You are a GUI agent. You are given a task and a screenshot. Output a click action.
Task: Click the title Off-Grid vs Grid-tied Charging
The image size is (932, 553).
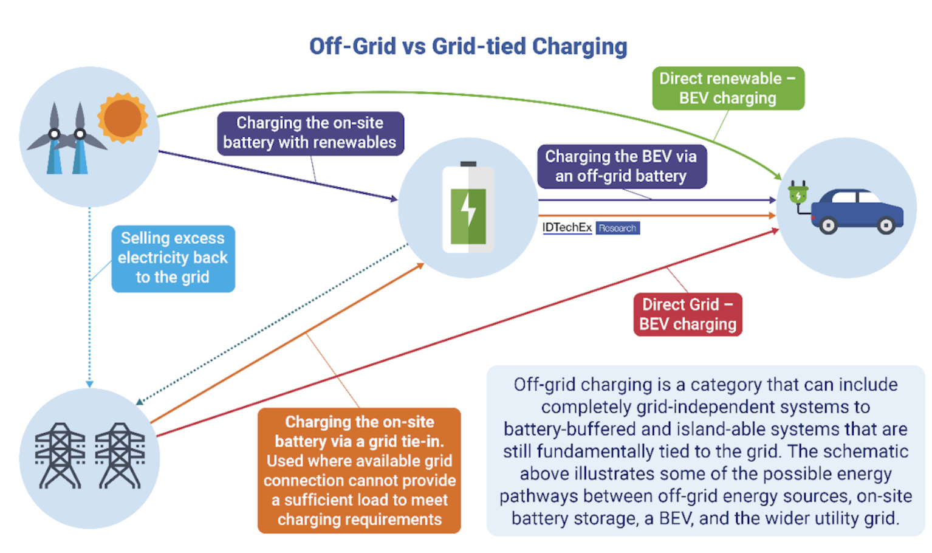coord(468,46)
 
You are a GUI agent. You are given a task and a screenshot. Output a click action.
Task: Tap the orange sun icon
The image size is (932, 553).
coord(123,118)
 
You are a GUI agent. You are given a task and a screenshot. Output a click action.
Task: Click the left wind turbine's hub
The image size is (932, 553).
coord(54,134)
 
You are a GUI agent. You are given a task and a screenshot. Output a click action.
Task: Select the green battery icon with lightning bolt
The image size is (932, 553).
coord(468,207)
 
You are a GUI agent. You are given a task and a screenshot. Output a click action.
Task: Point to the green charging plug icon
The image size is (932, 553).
coord(798,193)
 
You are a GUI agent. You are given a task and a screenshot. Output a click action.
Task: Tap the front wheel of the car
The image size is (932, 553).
coord(828,225)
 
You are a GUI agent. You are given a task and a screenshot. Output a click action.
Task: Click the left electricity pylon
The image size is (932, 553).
coord(60,456)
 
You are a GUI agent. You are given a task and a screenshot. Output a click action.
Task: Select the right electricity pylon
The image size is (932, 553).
coord(120,456)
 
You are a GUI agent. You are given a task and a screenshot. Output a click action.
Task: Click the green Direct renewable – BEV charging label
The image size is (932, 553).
coord(728,88)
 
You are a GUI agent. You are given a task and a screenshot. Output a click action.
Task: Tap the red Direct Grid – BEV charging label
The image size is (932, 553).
coord(688,314)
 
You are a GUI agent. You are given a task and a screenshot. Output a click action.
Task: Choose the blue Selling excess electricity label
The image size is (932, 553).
coord(173,258)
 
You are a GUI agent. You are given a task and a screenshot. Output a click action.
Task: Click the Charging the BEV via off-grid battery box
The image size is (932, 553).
coord(622,167)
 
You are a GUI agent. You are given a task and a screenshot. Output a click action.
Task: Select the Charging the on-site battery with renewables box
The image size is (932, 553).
coord(310,133)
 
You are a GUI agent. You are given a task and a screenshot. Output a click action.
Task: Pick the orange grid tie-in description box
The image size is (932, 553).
coord(359,470)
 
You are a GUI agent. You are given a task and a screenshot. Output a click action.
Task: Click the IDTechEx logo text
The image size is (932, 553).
coord(567,228)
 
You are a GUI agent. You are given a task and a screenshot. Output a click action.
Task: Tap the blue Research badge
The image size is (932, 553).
coord(617,228)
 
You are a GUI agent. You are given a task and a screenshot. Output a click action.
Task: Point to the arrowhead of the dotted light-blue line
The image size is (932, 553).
coord(89,384)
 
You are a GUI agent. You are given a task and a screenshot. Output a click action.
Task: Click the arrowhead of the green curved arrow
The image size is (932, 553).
coord(778,176)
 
